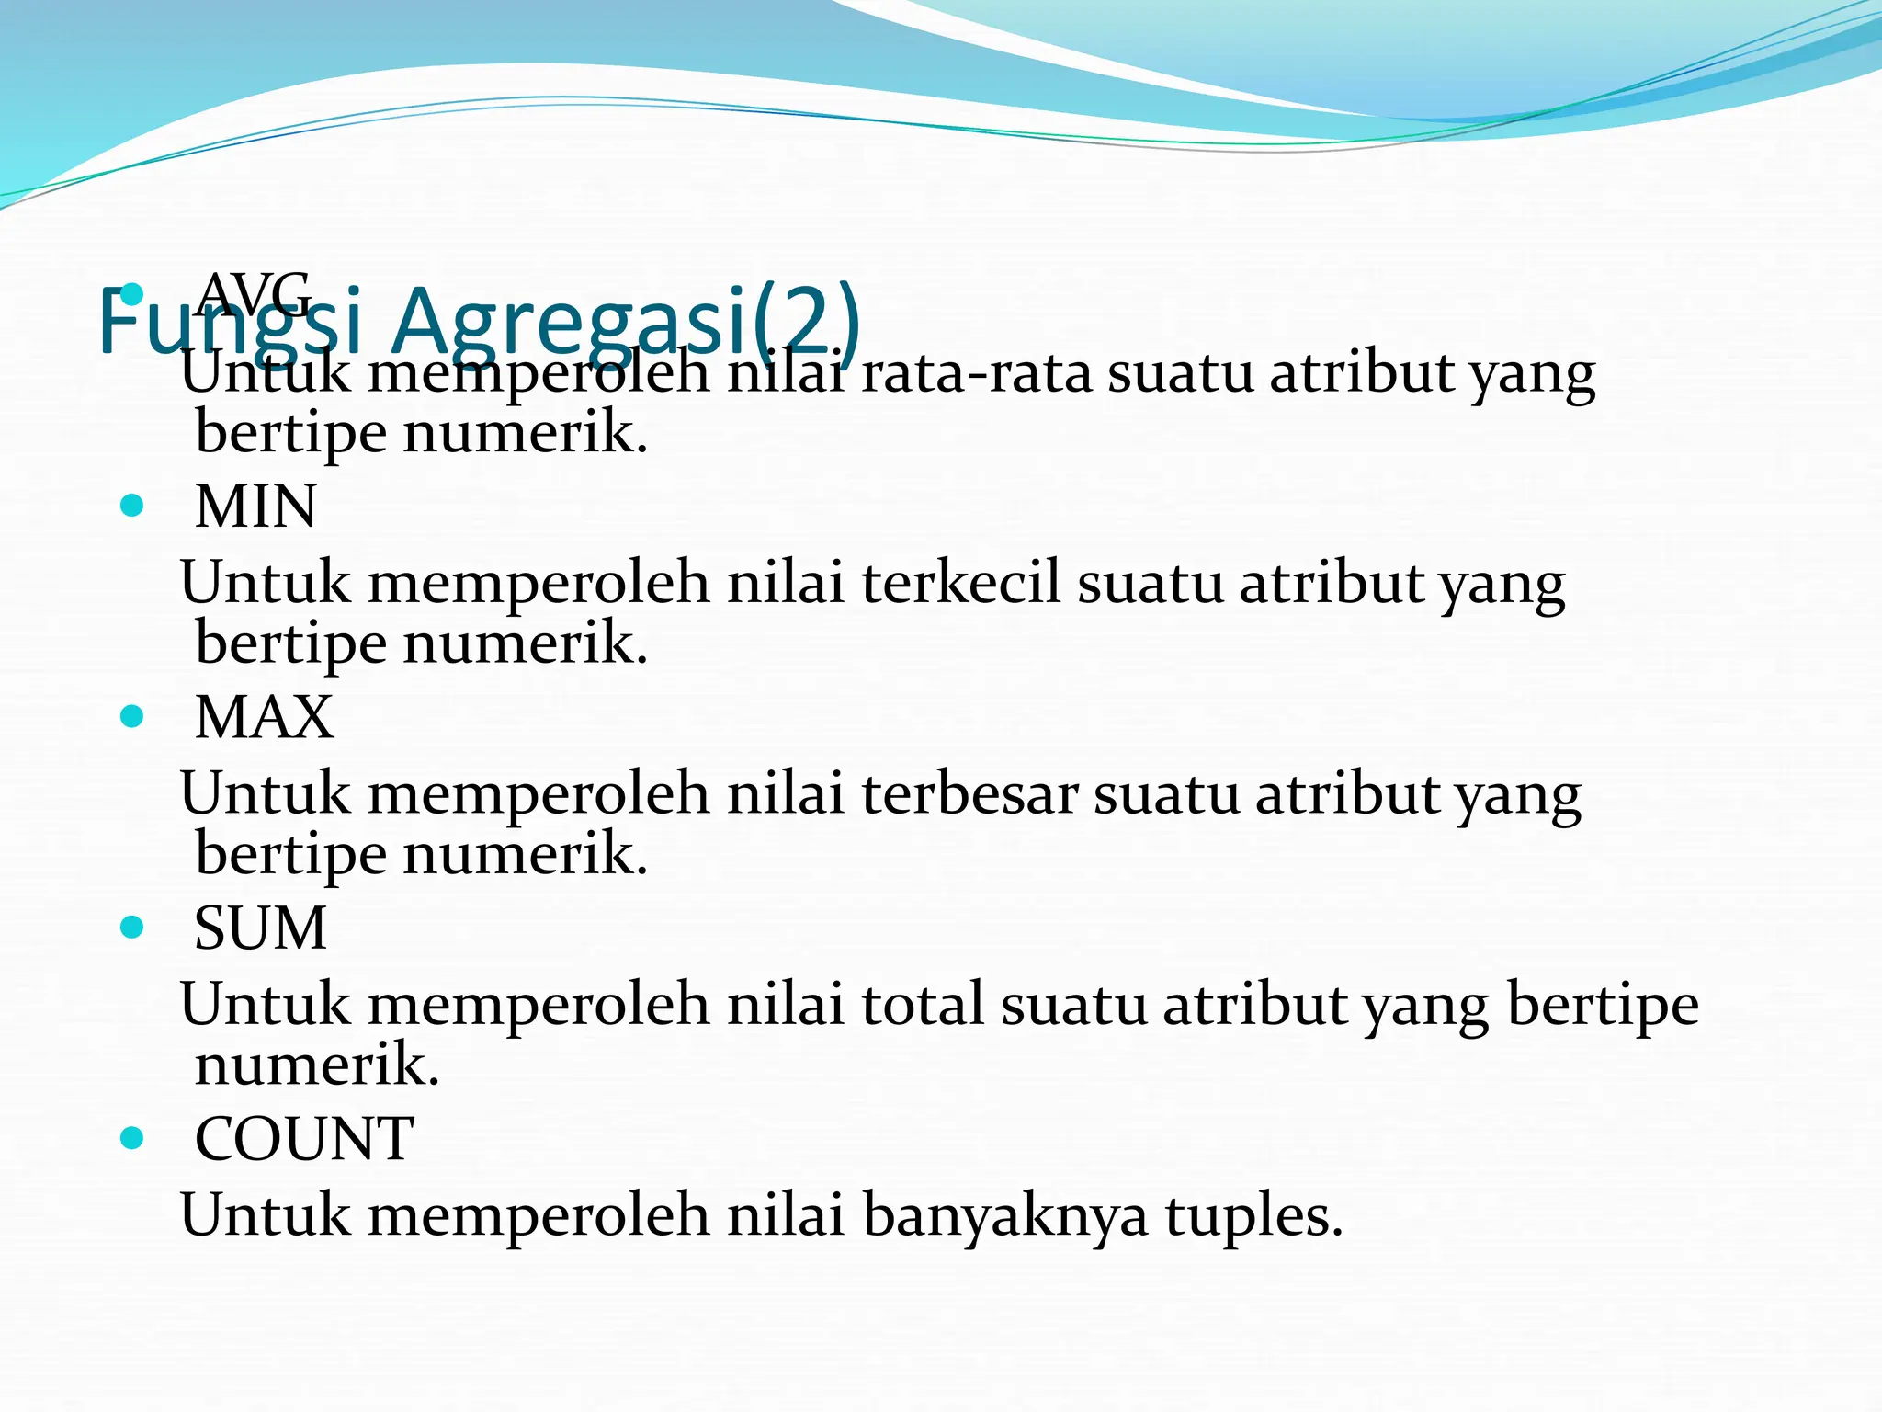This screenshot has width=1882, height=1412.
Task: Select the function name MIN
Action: [x=255, y=507]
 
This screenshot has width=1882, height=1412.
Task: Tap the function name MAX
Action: [x=264, y=717]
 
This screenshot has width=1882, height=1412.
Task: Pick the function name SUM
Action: [x=260, y=928]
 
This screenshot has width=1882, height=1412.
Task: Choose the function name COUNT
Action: [x=304, y=1139]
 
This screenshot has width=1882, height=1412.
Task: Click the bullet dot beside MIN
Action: [x=132, y=506]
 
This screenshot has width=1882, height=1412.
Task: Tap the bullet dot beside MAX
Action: [x=132, y=716]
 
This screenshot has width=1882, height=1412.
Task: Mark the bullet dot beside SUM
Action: [x=132, y=927]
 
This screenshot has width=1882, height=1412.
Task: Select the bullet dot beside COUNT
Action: [x=132, y=1138]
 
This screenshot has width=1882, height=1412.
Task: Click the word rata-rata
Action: [x=976, y=374]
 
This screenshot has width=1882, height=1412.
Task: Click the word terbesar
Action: [x=969, y=793]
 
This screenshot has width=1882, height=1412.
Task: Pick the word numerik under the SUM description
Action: [x=317, y=1065]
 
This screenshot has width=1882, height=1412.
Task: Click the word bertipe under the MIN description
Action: [x=290, y=643]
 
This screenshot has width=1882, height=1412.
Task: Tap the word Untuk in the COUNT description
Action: [x=265, y=1215]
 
